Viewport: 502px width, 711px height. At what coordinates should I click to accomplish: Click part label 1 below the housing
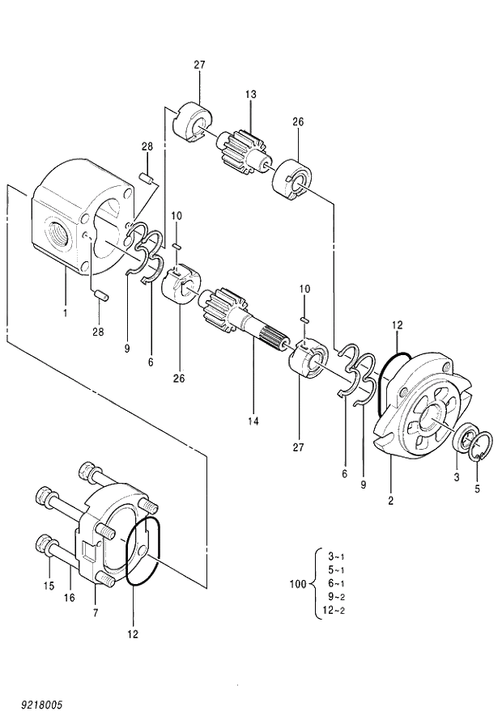click(x=66, y=311)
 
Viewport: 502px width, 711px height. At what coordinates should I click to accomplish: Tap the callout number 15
click(x=48, y=585)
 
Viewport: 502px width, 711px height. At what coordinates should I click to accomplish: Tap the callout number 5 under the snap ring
click(x=477, y=489)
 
